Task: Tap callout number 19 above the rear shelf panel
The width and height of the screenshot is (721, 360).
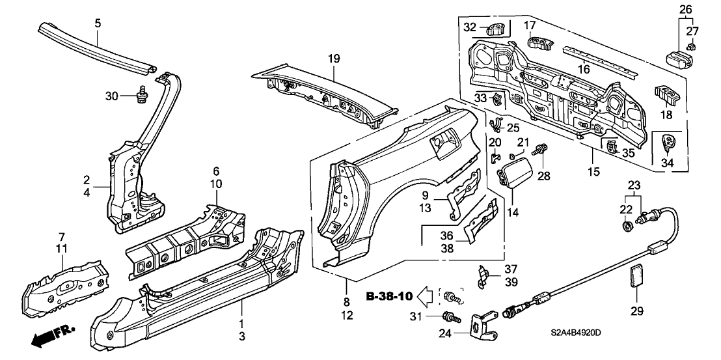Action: coord(334,59)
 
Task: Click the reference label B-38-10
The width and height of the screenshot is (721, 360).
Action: coord(388,298)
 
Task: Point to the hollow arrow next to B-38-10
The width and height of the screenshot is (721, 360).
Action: coord(426,298)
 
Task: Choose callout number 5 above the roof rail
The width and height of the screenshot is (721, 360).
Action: coord(97,23)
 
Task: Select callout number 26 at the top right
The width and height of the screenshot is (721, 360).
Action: coord(685,10)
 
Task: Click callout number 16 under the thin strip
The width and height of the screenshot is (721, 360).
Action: coord(584,69)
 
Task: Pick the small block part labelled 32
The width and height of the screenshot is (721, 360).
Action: coord(496,28)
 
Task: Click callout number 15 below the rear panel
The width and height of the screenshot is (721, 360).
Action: coord(594,155)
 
